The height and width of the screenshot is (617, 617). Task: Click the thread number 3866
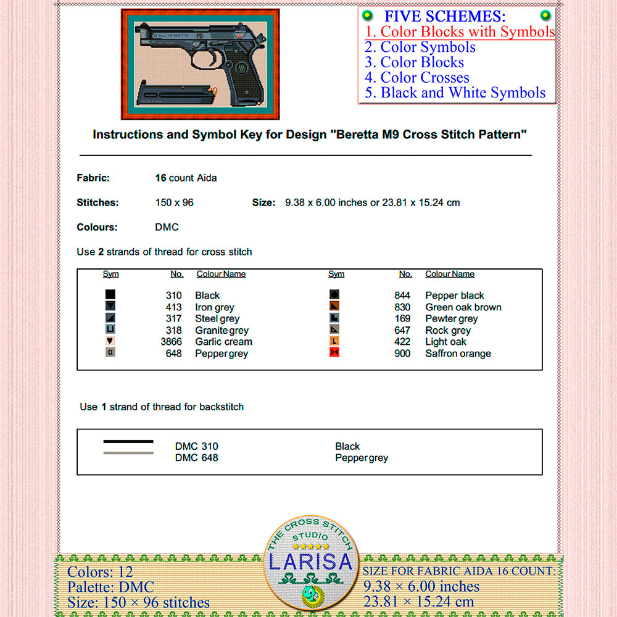click(x=171, y=342)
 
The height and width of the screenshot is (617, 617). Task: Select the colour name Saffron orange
click(x=458, y=354)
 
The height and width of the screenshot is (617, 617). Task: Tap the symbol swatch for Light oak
click(x=334, y=341)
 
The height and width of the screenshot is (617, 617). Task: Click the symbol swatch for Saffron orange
click(x=334, y=352)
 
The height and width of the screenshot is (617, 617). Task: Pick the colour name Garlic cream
click(x=223, y=342)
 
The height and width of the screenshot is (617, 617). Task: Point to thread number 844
click(x=402, y=296)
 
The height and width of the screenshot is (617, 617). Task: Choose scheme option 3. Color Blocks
click(x=414, y=62)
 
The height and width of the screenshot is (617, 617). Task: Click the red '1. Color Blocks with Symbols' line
click(x=460, y=31)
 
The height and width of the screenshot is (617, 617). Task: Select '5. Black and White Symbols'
click(x=455, y=93)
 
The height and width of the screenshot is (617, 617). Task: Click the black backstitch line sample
click(x=128, y=442)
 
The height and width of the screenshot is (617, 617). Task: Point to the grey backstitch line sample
click(x=128, y=453)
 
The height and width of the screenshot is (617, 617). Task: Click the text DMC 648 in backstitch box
click(x=196, y=458)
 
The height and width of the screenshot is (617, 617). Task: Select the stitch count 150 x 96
click(x=174, y=202)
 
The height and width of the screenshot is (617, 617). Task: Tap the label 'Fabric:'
click(x=93, y=178)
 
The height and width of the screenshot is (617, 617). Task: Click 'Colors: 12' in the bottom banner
click(x=100, y=572)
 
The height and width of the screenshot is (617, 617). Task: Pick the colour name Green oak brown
click(x=463, y=307)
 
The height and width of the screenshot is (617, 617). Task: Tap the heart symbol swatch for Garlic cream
click(x=110, y=341)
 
